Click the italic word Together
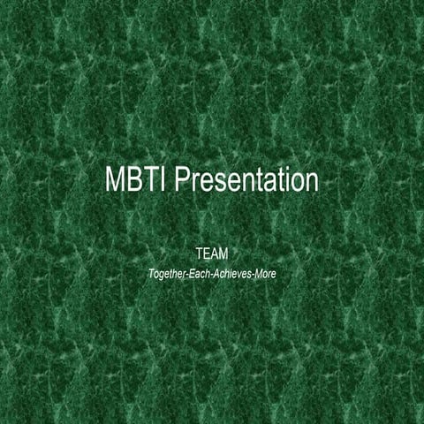(173, 275)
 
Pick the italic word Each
(214, 275)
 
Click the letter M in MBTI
(117, 180)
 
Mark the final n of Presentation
(310, 183)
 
